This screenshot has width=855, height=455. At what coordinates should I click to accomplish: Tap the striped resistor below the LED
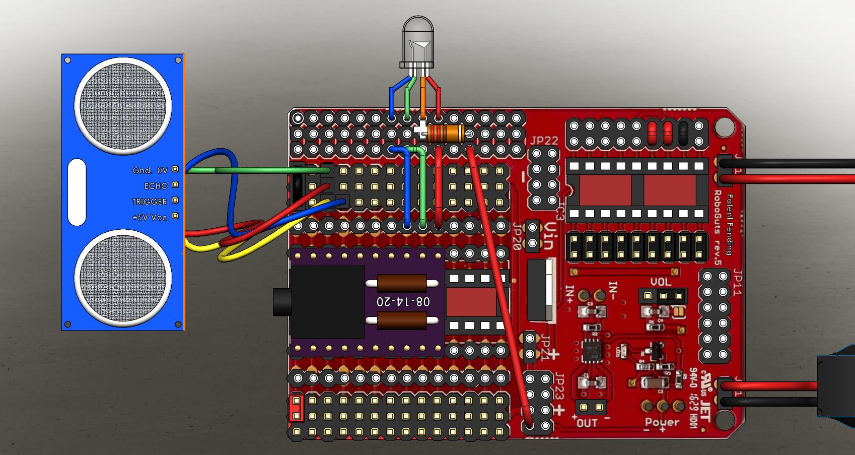[x=446, y=134]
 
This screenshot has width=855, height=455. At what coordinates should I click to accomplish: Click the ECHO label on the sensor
[x=156, y=186]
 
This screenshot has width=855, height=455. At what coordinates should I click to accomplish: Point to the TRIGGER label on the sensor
[x=150, y=202]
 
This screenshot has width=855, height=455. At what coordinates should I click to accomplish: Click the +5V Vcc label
[x=150, y=217]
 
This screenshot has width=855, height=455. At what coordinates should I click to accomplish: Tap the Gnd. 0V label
[x=150, y=171]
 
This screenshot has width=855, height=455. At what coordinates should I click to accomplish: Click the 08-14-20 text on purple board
[x=403, y=302]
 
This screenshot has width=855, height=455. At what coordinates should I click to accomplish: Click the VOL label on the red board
[x=661, y=282]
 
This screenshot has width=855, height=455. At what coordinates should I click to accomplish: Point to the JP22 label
[x=544, y=141]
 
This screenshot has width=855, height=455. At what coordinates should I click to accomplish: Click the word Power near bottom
[x=662, y=422]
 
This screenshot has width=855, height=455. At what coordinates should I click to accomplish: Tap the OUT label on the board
[x=587, y=423]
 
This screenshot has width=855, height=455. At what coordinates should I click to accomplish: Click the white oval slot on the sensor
[x=77, y=192]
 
